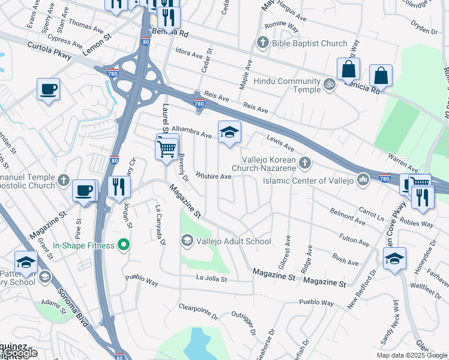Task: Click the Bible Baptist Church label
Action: [309, 43]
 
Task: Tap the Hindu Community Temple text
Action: [287, 85]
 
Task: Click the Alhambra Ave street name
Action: [192, 130]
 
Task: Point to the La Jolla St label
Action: [211, 278]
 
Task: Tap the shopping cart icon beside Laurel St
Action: [167, 147]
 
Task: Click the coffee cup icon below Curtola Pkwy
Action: [49, 90]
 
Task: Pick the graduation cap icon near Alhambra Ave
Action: [229, 133]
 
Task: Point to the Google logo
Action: [21, 353]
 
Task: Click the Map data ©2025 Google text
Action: [411, 355]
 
